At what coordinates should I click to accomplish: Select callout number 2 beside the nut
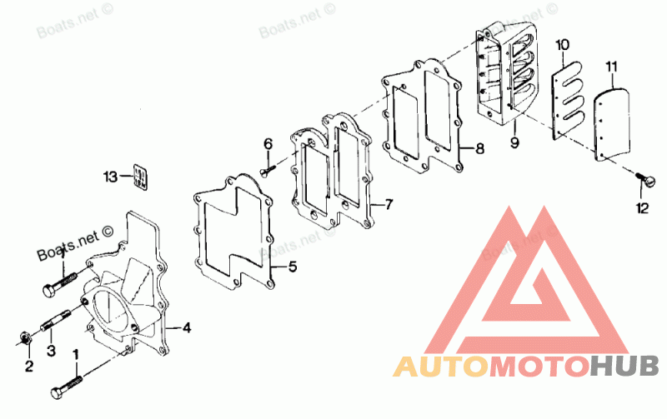pyautogui.click(x=29, y=365)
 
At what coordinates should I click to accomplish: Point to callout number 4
pyautogui.click(x=187, y=327)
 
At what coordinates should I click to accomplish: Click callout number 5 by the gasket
pyautogui.click(x=292, y=267)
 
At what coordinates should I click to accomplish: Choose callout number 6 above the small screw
pyautogui.click(x=268, y=145)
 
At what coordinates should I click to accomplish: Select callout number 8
pyautogui.click(x=479, y=149)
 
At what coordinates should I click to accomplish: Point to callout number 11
pyautogui.click(x=611, y=66)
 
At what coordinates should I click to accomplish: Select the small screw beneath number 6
pyautogui.click(x=267, y=171)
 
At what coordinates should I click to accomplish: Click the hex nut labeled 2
pyautogui.click(x=26, y=338)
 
